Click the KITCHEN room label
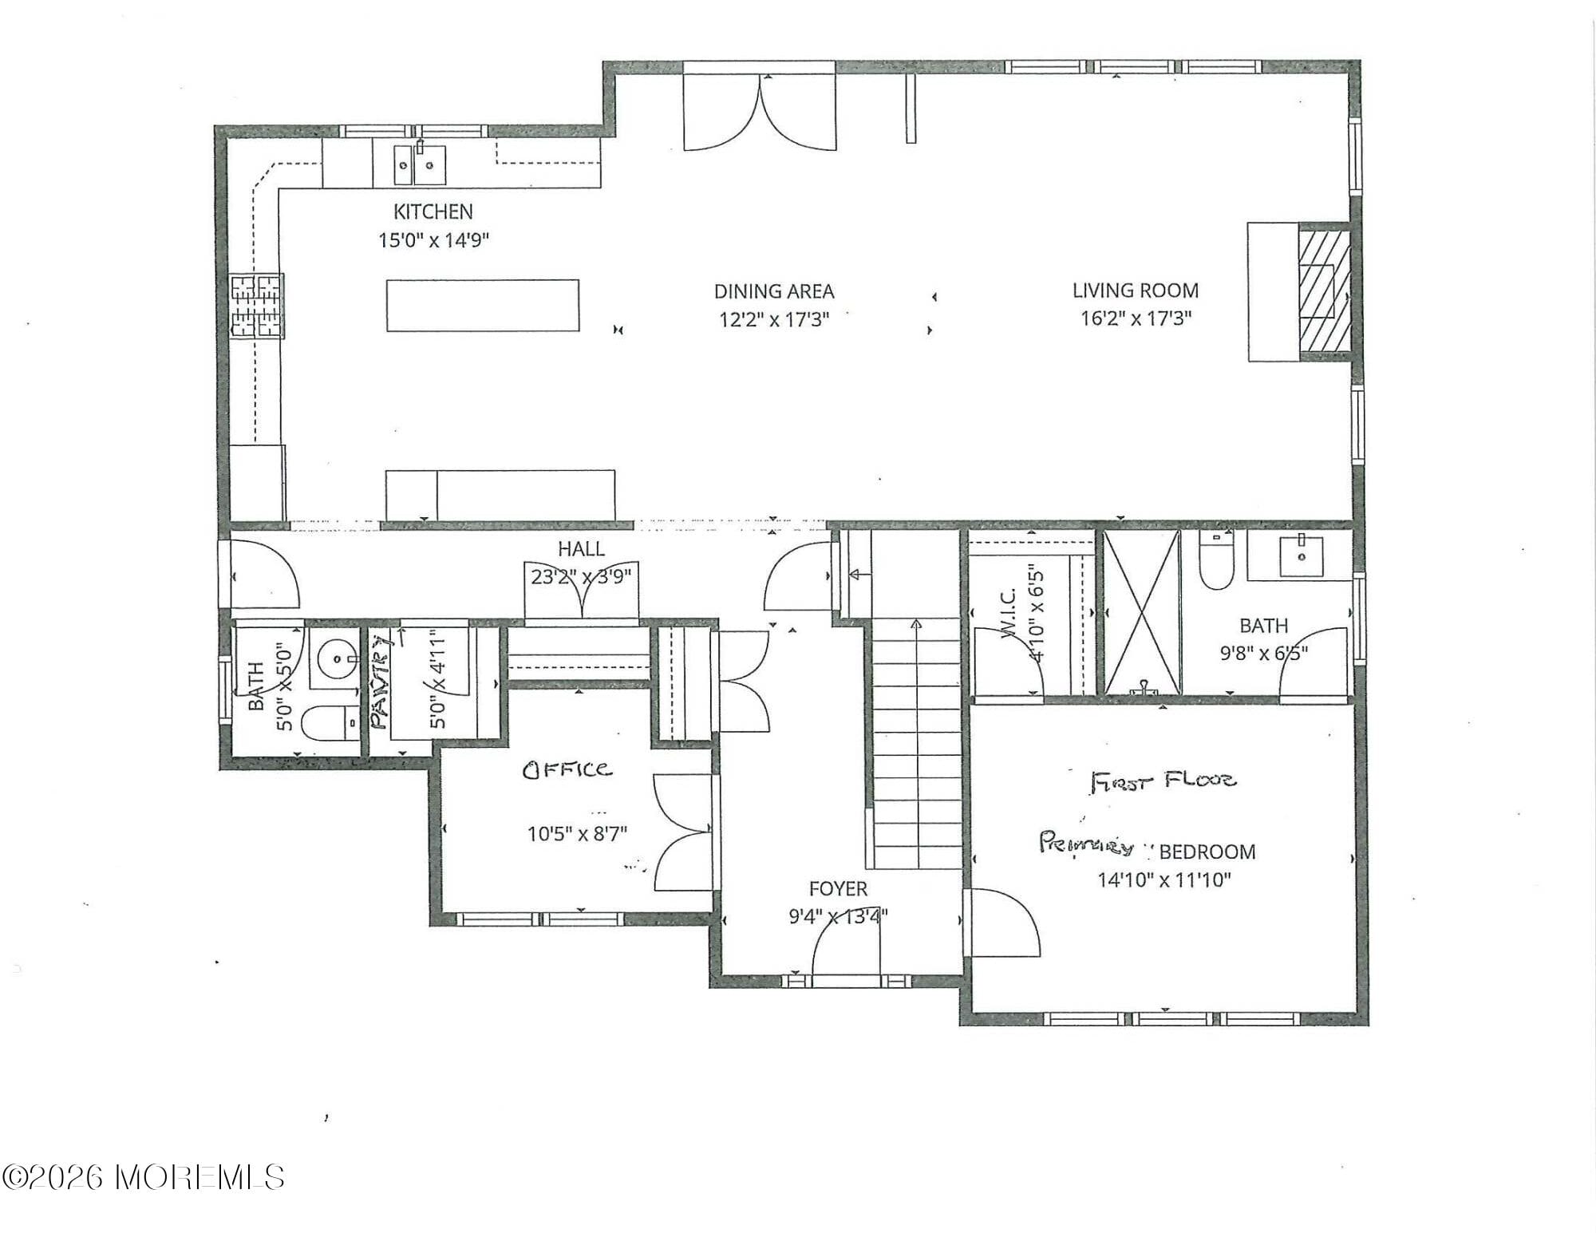pos(433,211)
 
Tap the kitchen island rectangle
pos(483,305)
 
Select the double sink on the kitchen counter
pos(420,164)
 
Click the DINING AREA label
pos(773,291)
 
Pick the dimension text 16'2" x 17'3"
pos(1136,318)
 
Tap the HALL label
pos(581,549)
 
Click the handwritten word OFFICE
pos(567,769)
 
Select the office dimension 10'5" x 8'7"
pos(577,834)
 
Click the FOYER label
pos(837,889)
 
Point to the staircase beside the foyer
pos(915,742)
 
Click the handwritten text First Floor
pos(1163,780)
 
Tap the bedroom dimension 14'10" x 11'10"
pos(1164,880)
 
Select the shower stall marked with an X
pos(1142,612)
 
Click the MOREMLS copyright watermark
pos(144,1177)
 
